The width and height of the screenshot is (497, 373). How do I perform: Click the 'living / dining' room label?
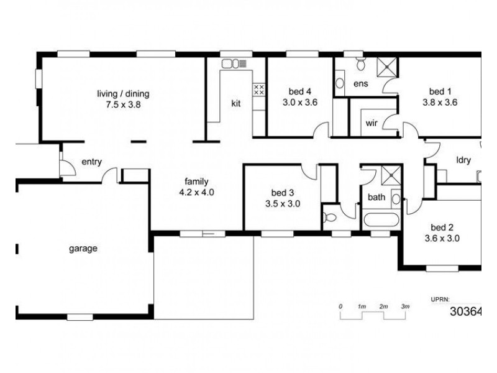pos(123,94)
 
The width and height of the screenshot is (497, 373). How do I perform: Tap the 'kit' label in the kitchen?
pos(236,103)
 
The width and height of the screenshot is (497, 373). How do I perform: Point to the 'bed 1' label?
pos(440,92)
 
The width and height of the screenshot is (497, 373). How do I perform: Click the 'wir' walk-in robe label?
pos(372,122)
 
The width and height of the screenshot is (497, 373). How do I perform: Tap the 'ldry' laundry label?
pos(463,160)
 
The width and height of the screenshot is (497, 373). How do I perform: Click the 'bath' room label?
pos(376,198)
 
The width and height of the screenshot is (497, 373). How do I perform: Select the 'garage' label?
pos(83,249)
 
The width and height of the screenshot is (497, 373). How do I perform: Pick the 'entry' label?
pos(91,162)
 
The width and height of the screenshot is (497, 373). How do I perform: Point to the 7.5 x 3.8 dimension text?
pos(123,104)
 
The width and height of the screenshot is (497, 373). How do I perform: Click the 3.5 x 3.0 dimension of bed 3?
pos(282,203)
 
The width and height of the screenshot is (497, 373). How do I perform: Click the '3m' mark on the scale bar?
pos(405,307)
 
